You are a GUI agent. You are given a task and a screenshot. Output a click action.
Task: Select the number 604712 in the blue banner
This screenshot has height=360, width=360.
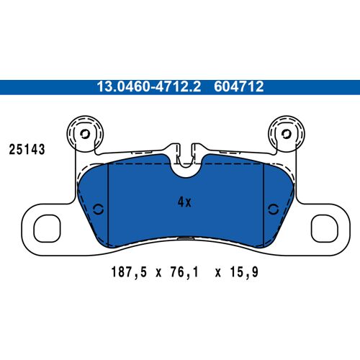(239, 87)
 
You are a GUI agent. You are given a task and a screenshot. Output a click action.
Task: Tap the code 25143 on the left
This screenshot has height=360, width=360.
(27, 150)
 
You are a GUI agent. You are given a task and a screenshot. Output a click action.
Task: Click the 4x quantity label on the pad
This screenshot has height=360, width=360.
(184, 202)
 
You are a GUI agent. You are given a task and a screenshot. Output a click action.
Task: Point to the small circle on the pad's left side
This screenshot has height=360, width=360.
(99, 209)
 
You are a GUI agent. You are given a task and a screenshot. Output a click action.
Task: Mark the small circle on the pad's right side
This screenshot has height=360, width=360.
(272, 209)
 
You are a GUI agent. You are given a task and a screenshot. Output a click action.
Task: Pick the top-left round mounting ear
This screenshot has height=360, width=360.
(84, 134)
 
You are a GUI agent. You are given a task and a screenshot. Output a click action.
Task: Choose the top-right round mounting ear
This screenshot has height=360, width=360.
(284, 134)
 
